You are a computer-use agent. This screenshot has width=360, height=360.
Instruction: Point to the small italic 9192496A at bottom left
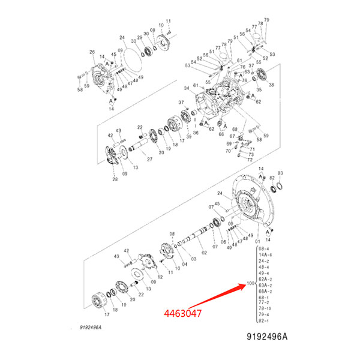pos(85,328)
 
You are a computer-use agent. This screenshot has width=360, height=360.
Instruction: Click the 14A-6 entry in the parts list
pos(265,255)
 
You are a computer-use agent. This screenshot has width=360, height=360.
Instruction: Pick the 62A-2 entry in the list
pos(265,278)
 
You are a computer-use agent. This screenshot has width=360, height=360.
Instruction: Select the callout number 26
pos(92,52)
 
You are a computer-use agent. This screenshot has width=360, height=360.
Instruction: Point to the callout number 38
pos(271,85)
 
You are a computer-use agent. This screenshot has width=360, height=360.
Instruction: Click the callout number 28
pos(115,178)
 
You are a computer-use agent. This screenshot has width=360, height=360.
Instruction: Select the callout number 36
pos(194,133)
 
